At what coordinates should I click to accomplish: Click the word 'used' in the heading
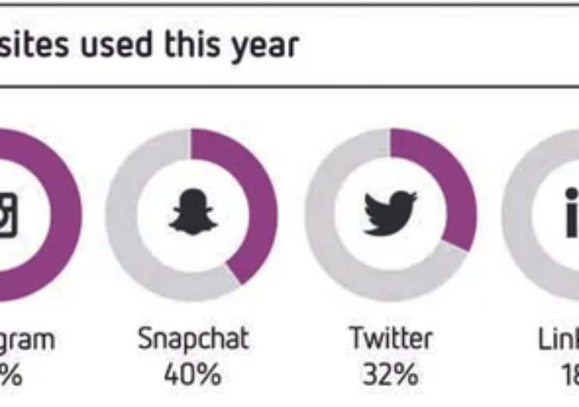click(117, 45)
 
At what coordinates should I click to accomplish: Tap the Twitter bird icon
click(390, 212)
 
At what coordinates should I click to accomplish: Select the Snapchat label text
click(192, 339)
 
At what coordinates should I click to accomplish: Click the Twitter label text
click(390, 339)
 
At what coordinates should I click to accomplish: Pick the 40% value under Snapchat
click(192, 374)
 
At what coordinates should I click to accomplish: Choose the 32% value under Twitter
click(390, 374)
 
